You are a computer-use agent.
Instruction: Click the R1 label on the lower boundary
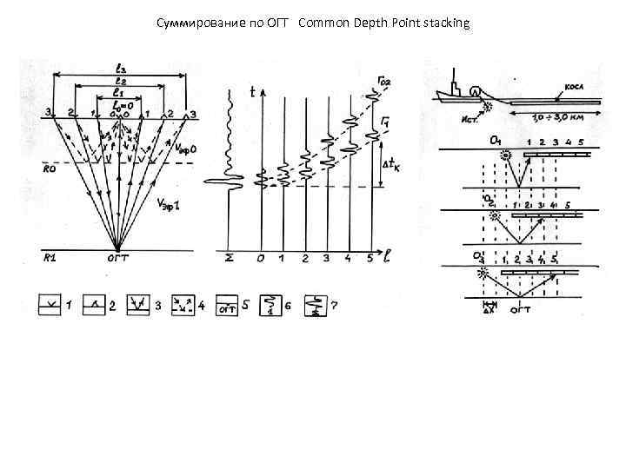point(51,258)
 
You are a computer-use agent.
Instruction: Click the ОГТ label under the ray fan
point(118,257)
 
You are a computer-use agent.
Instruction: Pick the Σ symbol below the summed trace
point(228,258)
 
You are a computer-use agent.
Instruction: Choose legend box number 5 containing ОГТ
point(229,307)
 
